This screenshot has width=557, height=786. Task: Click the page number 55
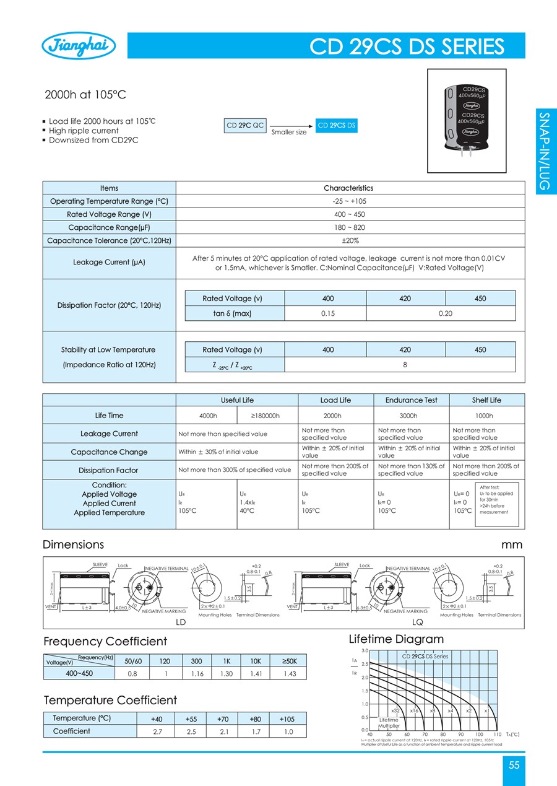click(x=514, y=765)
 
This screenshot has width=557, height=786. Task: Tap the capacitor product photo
click(x=470, y=119)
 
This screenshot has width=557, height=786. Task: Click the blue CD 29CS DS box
click(x=337, y=125)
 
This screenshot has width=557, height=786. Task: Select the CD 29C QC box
click(x=245, y=125)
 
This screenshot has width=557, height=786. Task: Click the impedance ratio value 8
click(x=405, y=365)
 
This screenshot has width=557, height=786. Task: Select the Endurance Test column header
click(x=411, y=400)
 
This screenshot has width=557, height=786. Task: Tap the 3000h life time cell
click(x=411, y=416)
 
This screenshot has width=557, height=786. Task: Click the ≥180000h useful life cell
click(x=266, y=416)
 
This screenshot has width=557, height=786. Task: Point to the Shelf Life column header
click(x=486, y=400)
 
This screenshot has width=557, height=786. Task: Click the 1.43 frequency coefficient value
click(x=289, y=673)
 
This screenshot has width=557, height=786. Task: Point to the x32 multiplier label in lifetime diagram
click(x=396, y=710)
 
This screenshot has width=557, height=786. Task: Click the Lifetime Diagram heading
click(x=396, y=639)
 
